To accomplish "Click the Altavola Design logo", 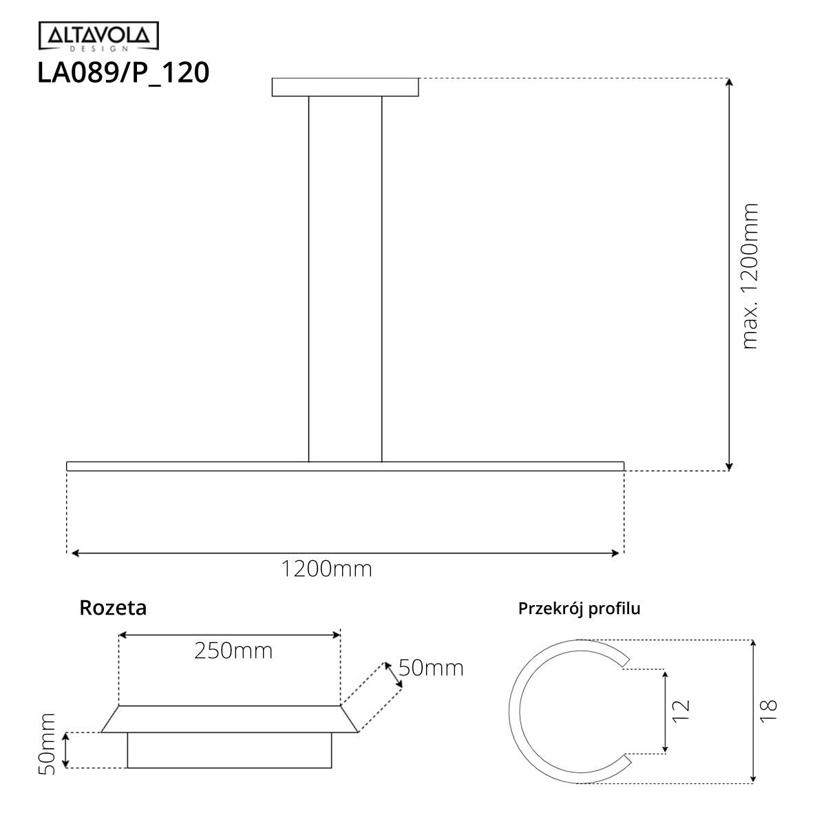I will (x=98, y=36).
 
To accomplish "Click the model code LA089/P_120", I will (x=123, y=73).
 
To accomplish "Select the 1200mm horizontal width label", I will (x=326, y=569).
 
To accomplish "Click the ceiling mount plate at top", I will (x=345, y=87).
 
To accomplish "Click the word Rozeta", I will (x=113, y=608).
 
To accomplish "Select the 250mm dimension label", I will (x=233, y=650).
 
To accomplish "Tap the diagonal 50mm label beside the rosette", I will (x=431, y=668).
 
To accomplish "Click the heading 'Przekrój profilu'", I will (x=579, y=608).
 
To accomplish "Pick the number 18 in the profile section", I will (x=769, y=710).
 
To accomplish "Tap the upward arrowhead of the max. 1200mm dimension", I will (x=729, y=83).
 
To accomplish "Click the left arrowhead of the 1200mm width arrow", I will (x=74, y=552).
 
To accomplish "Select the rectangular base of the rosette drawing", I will (x=229, y=750).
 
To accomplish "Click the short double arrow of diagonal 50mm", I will (x=394, y=674).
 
